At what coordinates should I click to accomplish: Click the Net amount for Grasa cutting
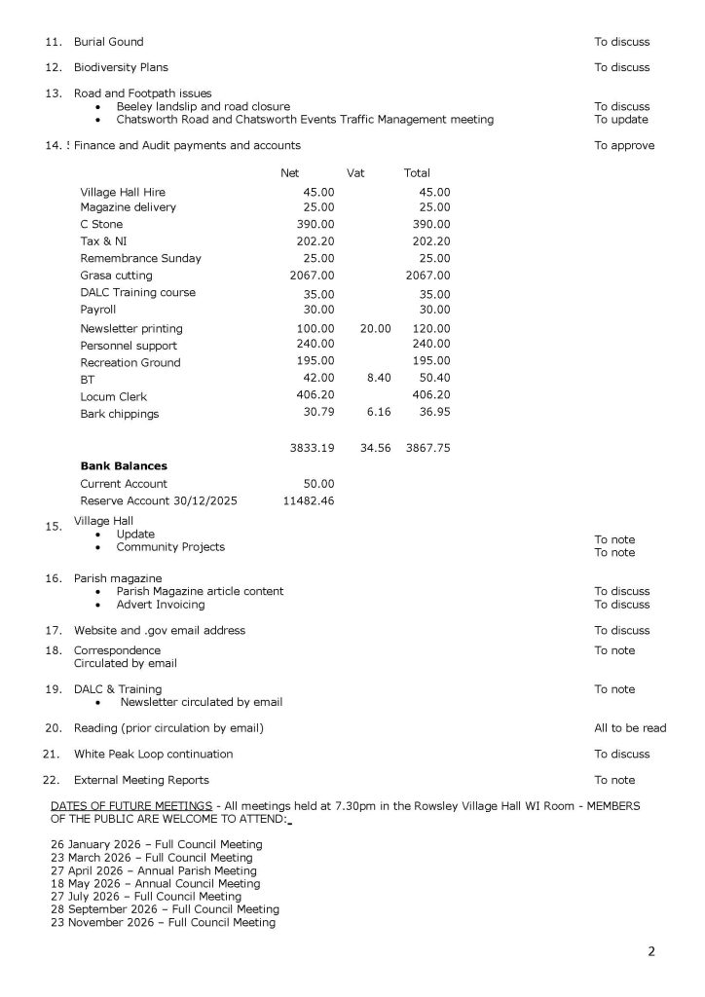[x=313, y=276]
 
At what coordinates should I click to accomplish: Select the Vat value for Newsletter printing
[x=375, y=328]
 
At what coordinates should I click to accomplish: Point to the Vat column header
[x=355, y=173]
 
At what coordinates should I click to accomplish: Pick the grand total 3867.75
[x=427, y=448]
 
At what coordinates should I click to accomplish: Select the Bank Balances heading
[x=124, y=465]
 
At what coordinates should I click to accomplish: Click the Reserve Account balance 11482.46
[x=308, y=500]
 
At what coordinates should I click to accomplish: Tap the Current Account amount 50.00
[x=318, y=483]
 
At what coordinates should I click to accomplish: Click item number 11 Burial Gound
[x=108, y=42]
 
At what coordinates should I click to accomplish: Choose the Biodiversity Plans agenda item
[x=121, y=67]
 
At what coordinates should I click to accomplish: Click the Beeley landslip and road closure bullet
[x=203, y=106]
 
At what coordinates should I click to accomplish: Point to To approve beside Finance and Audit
[x=624, y=146]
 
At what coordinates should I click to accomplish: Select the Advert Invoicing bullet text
[x=161, y=605]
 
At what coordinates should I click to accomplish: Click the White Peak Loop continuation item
[x=153, y=754]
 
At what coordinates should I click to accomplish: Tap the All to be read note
[x=630, y=728]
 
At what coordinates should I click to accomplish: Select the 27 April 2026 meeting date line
[x=154, y=870]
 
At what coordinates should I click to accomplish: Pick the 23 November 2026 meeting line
[x=163, y=922]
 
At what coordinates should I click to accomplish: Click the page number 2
[x=651, y=951]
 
